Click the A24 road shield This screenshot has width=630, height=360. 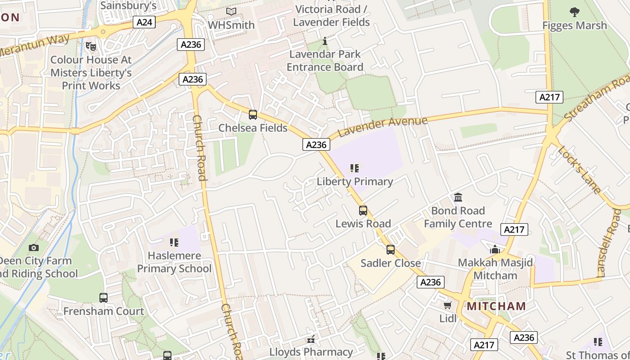click(x=144, y=22)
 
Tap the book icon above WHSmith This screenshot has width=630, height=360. click(x=231, y=11)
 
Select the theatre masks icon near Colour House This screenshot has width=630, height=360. click(x=91, y=46)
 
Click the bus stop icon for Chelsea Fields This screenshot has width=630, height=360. click(x=253, y=115)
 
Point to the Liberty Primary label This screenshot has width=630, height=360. click(x=355, y=181)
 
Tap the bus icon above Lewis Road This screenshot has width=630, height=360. click(x=363, y=211)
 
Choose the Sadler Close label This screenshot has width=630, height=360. click(x=391, y=263)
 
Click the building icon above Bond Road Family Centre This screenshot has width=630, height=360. click(x=458, y=198)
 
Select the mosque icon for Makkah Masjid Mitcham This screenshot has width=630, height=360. click(x=495, y=249)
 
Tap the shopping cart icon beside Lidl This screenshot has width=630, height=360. click(x=447, y=306)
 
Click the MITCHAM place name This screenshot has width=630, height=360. click(x=496, y=306)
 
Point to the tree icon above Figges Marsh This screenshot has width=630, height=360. click(x=574, y=12)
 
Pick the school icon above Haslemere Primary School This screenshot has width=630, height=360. click(x=174, y=243)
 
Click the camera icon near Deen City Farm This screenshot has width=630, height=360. click(x=33, y=247)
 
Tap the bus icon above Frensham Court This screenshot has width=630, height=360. click(x=103, y=298)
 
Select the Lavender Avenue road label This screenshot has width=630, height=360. click(x=382, y=126)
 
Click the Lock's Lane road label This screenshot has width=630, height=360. click(x=580, y=169)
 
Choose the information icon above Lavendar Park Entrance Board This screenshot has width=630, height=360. click(x=325, y=42)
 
